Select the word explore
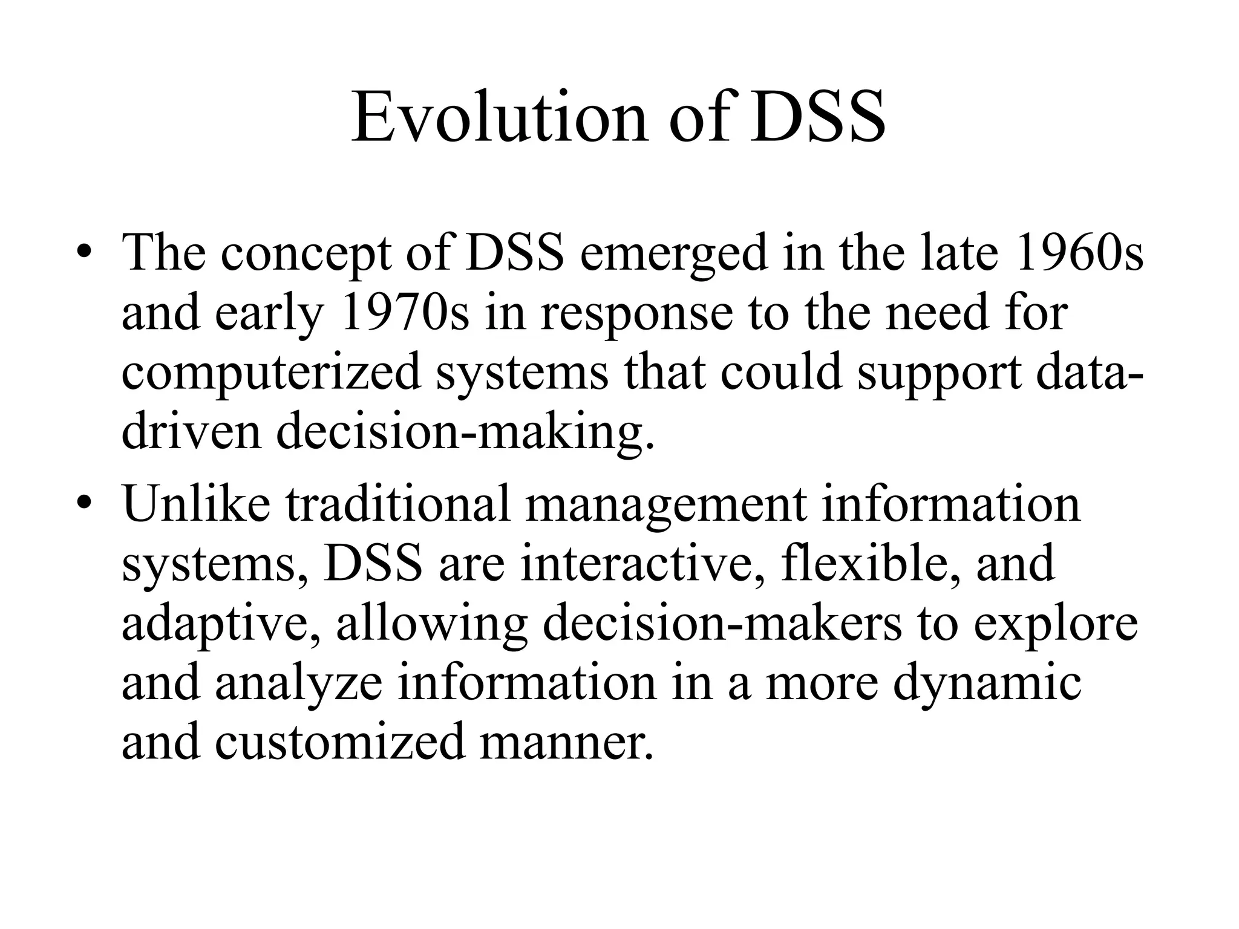1055,625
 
